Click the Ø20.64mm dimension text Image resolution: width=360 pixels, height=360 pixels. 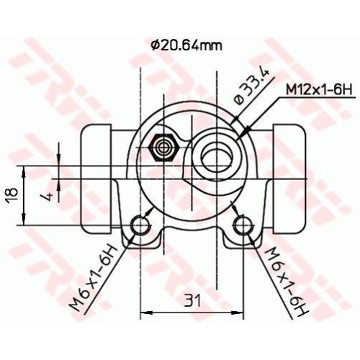186,45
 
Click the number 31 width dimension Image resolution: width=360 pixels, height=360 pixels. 189,299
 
